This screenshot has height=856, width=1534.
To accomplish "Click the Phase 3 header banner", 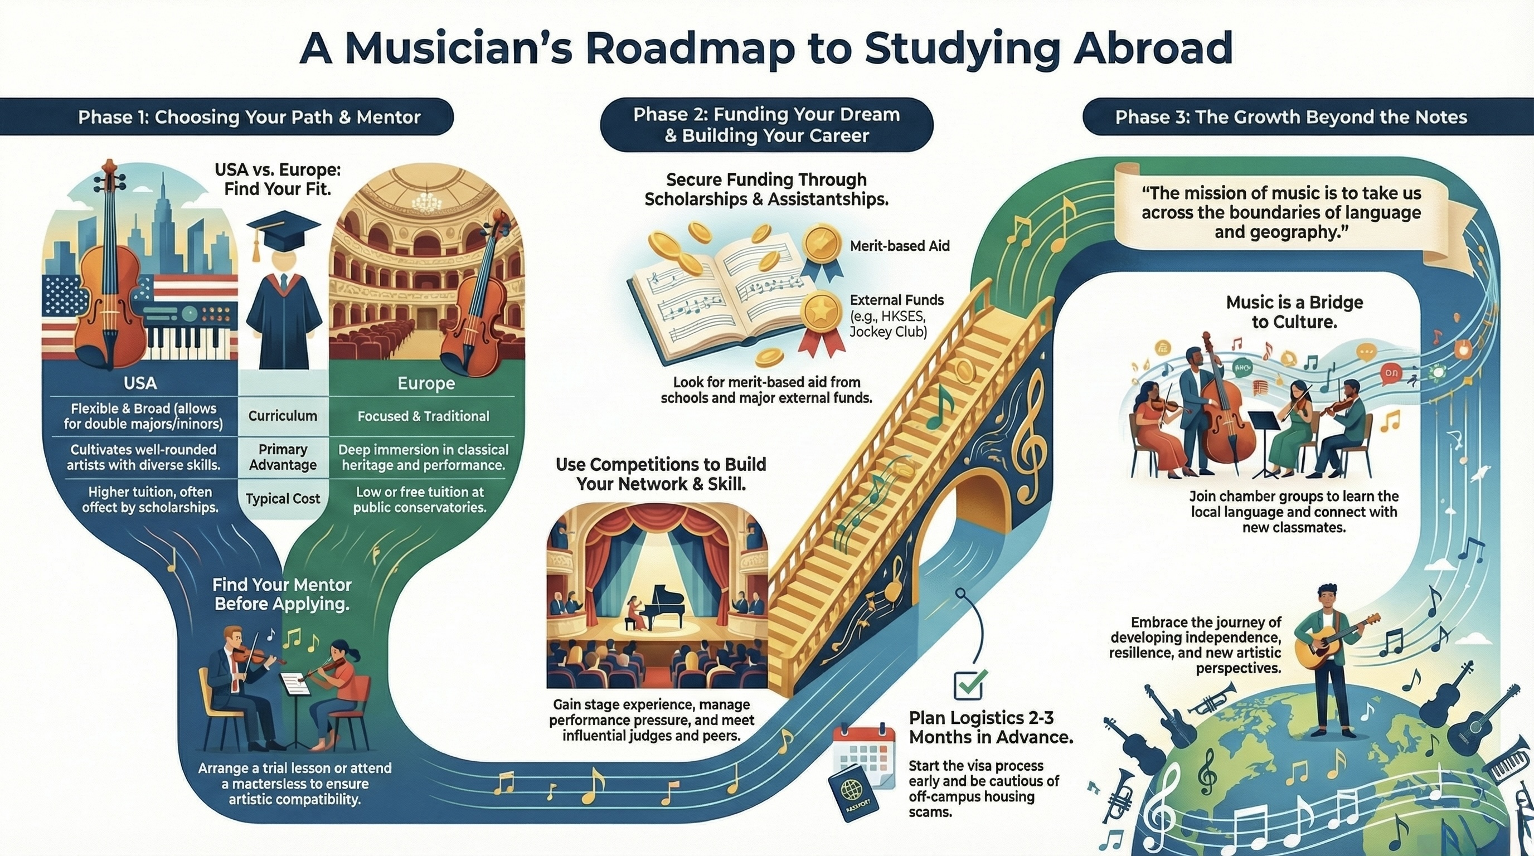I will [1290, 116].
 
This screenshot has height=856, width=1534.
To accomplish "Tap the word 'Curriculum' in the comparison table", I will [283, 416].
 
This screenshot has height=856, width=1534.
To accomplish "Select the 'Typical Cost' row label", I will [283, 499].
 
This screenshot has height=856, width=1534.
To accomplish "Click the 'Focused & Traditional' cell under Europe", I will [423, 416].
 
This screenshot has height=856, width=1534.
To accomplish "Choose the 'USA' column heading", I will [140, 383].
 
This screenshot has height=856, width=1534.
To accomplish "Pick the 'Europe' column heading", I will [426, 383].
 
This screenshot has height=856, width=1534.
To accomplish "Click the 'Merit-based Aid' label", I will [900, 245].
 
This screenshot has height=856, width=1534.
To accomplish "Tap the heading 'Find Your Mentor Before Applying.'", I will [281, 594].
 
